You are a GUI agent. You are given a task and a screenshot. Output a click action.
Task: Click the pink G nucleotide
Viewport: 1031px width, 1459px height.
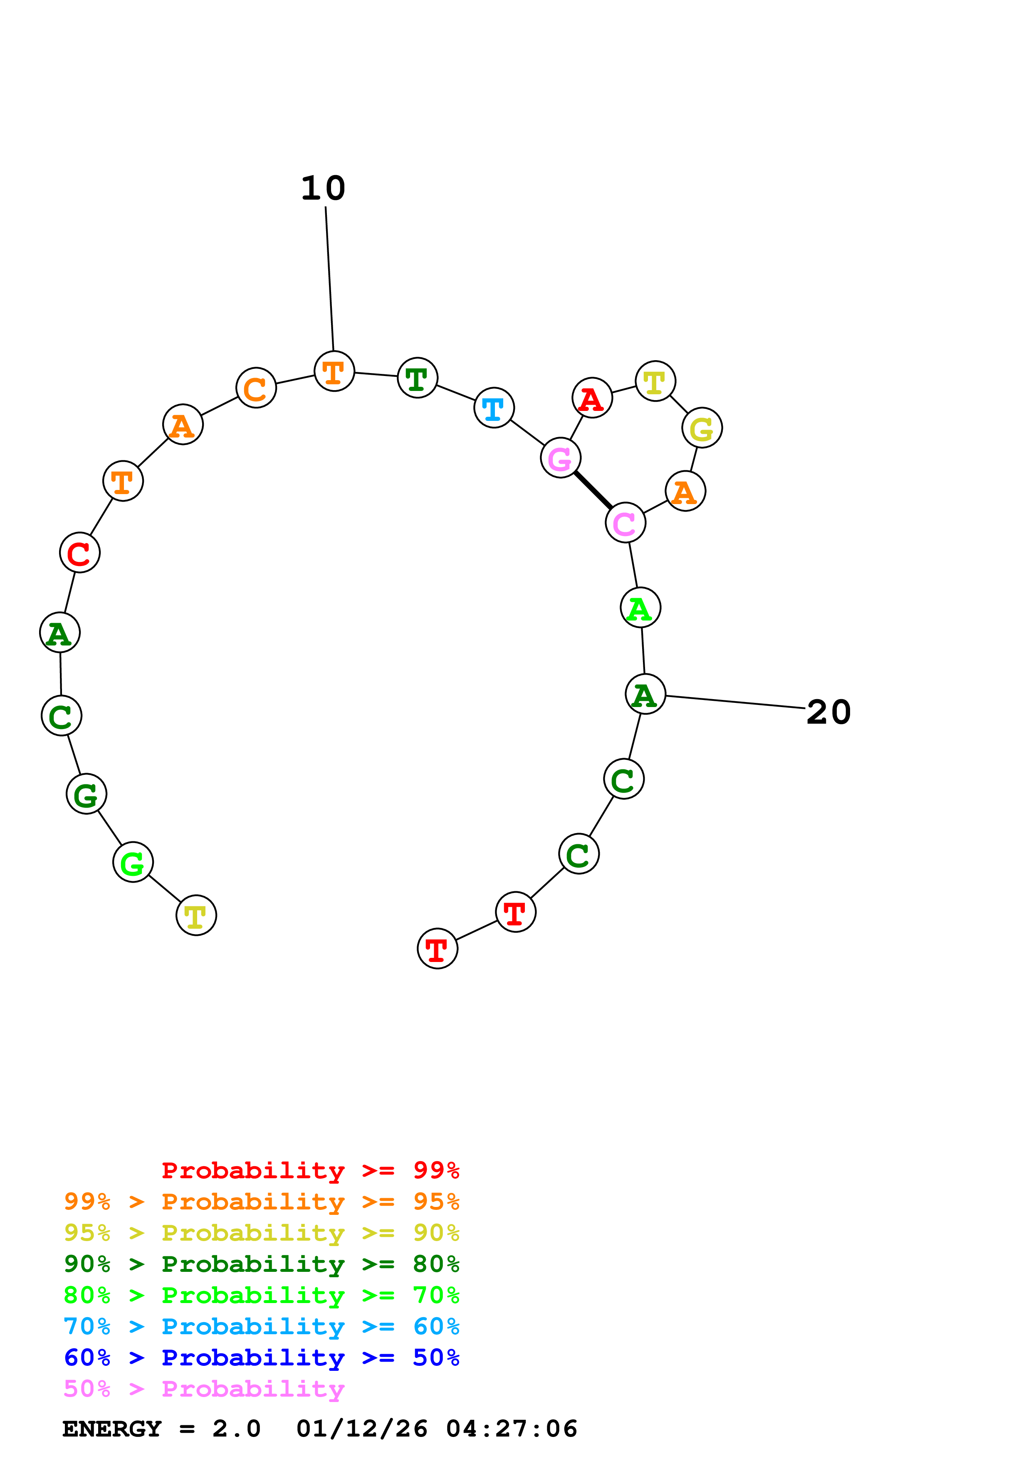point(560,457)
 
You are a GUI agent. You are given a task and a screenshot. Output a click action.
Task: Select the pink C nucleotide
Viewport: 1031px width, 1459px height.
point(625,523)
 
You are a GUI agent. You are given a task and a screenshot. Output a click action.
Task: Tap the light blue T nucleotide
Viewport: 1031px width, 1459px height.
point(494,408)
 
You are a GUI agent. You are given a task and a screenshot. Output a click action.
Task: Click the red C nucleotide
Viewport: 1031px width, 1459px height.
point(79,553)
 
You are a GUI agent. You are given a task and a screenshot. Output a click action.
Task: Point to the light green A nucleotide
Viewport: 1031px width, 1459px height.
point(640,608)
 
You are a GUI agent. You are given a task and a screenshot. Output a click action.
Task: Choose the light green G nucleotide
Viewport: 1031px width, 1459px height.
point(133,862)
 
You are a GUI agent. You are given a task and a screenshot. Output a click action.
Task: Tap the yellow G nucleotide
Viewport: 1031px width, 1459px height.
point(702,428)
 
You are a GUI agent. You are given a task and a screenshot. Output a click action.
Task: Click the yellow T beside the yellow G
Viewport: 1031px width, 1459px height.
point(655,381)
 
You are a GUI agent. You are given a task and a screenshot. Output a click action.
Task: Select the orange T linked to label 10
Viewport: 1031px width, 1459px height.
point(334,371)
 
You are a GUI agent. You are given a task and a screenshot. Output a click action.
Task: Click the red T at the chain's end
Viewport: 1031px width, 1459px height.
point(437,949)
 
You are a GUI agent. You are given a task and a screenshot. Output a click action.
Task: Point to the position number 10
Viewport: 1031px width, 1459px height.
point(323,189)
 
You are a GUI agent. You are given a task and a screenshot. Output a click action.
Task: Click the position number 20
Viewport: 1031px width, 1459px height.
point(828,712)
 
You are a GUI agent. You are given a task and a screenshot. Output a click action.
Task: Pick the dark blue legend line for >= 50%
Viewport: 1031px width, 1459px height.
point(261,1358)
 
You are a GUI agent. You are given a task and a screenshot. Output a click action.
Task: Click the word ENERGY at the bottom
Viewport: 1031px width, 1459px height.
point(112,1429)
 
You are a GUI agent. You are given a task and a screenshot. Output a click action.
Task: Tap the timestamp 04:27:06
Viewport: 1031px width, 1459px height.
point(512,1429)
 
